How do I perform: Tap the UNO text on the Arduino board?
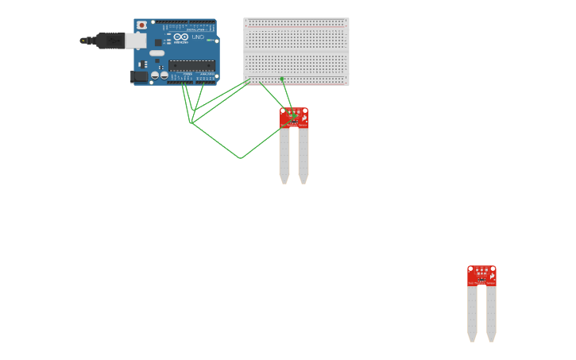pos(198,37)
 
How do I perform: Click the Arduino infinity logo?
pos(180,37)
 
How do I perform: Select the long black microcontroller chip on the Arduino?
pos(191,65)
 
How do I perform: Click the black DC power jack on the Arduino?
pos(138,77)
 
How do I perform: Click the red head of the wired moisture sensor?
pos(294,118)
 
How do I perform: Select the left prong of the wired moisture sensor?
pos(284,155)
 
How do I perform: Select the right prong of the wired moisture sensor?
pos(303,155)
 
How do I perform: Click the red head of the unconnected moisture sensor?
pos(481,276)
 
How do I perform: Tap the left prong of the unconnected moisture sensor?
pos(472,313)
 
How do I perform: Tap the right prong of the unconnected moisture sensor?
pos(491,313)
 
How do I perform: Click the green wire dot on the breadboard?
pos(282,79)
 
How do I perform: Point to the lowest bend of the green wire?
pos(241,158)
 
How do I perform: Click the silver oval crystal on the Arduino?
pos(157,53)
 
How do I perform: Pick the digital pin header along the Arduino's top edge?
pos(188,22)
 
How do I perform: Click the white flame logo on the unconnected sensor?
pos(492,275)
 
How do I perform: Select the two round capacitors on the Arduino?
pos(159,76)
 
